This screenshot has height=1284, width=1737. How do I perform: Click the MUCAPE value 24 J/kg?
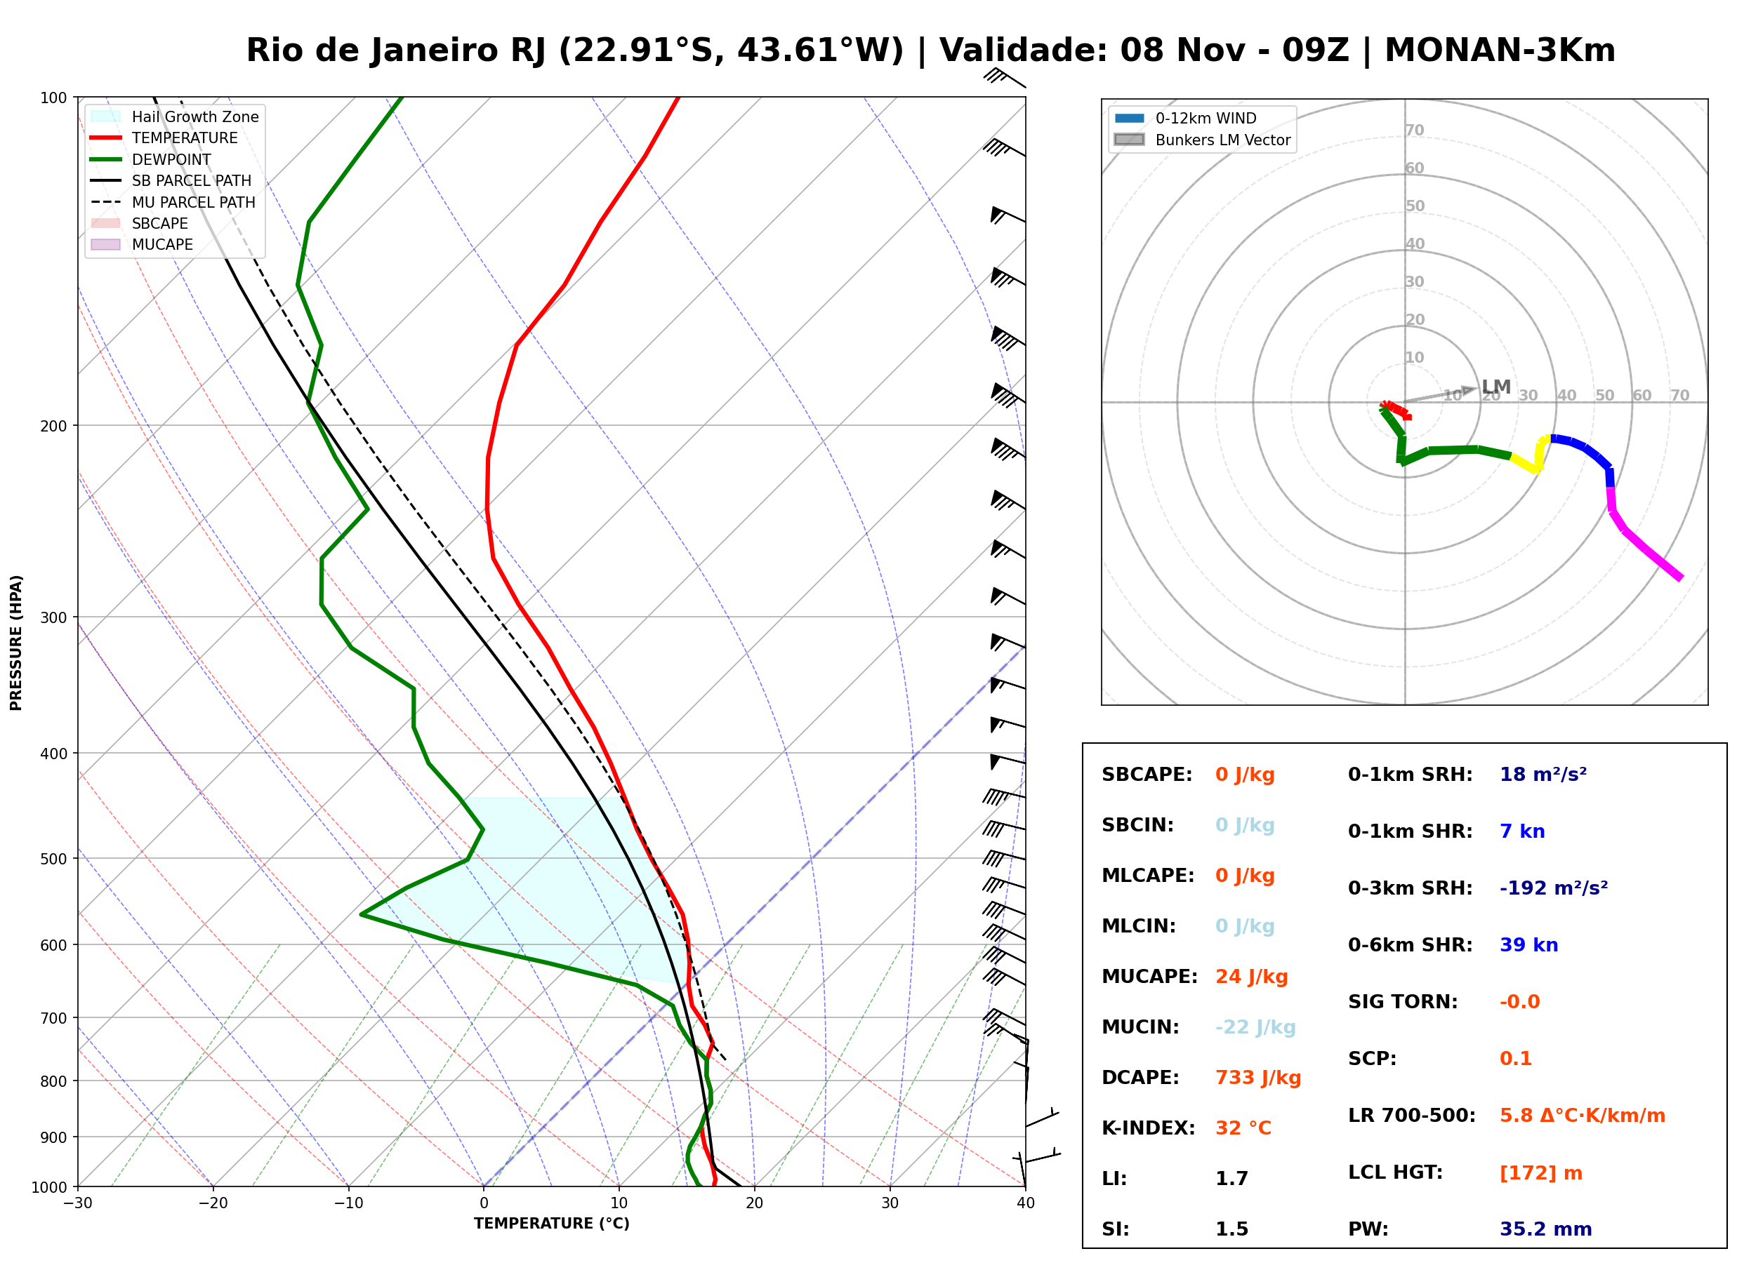tap(1251, 976)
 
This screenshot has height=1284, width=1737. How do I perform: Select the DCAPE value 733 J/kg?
tap(1257, 1077)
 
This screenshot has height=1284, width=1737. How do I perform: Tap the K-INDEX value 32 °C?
tap(1243, 1128)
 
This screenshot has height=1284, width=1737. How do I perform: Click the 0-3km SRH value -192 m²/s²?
tap(1554, 887)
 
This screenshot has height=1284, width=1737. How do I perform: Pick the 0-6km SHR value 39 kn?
tap(1528, 944)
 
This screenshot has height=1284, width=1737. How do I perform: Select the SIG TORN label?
tap(1403, 1001)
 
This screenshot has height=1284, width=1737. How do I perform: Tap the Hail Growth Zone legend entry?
tap(175, 116)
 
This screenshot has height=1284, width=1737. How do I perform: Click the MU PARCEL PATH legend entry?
tap(173, 202)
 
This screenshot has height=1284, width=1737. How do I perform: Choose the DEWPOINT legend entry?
tap(151, 159)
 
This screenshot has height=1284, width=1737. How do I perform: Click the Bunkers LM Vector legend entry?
tap(1202, 140)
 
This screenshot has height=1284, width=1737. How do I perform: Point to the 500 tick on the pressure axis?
tap(55, 859)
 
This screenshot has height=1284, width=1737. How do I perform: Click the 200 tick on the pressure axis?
tap(55, 426)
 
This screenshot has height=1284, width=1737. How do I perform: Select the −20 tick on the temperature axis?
tap(213, 1203)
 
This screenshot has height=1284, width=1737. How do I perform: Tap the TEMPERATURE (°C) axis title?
tap(551, 1224)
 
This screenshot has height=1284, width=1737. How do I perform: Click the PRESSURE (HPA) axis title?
tap(16, 642)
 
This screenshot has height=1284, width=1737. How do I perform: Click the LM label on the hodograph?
tap(1496, 387)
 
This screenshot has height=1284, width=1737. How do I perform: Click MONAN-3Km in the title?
tap(1500, 51)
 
